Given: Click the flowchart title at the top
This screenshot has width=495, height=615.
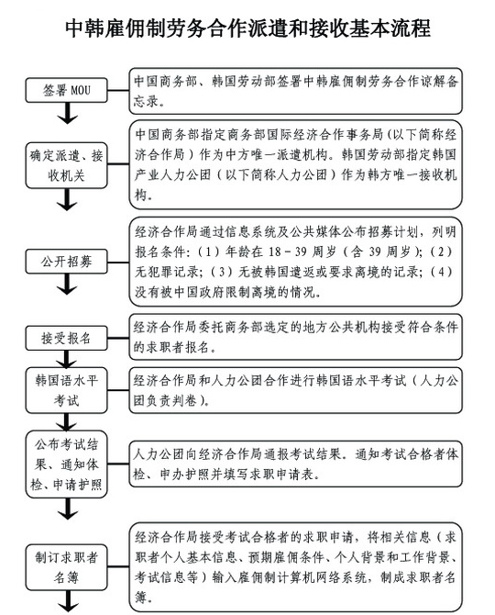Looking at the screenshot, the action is (x=247, y=28).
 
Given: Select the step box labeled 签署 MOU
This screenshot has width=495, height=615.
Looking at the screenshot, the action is (x=66, y=90).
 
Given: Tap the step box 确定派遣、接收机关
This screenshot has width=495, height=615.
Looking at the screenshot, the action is (x=66, y=165).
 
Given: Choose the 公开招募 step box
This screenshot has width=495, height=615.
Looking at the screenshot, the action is (x=66, y=262).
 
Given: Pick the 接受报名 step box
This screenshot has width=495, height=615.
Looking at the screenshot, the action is (x=66, y=338).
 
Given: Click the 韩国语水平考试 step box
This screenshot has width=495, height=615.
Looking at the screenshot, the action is (x=66, y=390).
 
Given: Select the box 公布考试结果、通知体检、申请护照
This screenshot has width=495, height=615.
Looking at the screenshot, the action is (x=66, y=464).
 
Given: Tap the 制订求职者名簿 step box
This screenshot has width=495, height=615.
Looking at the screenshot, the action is (x=66, y=567).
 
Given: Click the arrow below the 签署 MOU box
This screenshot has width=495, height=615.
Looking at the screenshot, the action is (x=67, y=113).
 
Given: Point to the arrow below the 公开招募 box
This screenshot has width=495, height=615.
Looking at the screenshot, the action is (x=67, y=284).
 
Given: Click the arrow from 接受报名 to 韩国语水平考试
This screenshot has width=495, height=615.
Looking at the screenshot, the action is (x=67, y=359).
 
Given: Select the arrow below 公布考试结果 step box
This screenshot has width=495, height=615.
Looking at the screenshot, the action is (x=67, y=509).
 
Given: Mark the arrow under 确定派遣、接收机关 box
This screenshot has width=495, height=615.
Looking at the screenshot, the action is (x=67, y=199).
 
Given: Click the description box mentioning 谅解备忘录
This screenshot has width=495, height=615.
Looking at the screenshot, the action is (x=296, y=91).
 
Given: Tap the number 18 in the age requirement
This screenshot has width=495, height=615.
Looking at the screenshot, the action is (x=274, y=252).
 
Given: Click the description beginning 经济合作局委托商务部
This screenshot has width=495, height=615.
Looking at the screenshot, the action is (x=296, y=337).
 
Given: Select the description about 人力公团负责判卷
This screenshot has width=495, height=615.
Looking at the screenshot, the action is (x=296, y=390).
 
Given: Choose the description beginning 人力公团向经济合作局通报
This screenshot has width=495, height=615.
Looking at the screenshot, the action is (x=296, y=464).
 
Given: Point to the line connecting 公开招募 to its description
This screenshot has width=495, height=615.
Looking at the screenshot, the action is (x=118, y=262).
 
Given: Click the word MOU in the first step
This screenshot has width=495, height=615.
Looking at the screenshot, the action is (x=81, y=90).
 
